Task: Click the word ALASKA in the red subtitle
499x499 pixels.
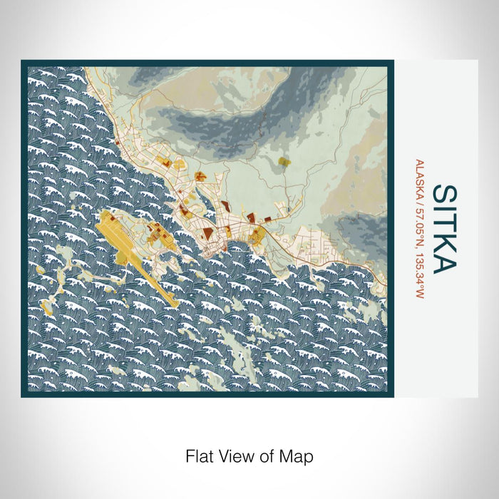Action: click(x=420, y=177)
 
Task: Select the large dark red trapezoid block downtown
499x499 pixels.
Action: click(x=205, y=232)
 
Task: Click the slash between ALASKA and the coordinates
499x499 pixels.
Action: click(x=420, y=198)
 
